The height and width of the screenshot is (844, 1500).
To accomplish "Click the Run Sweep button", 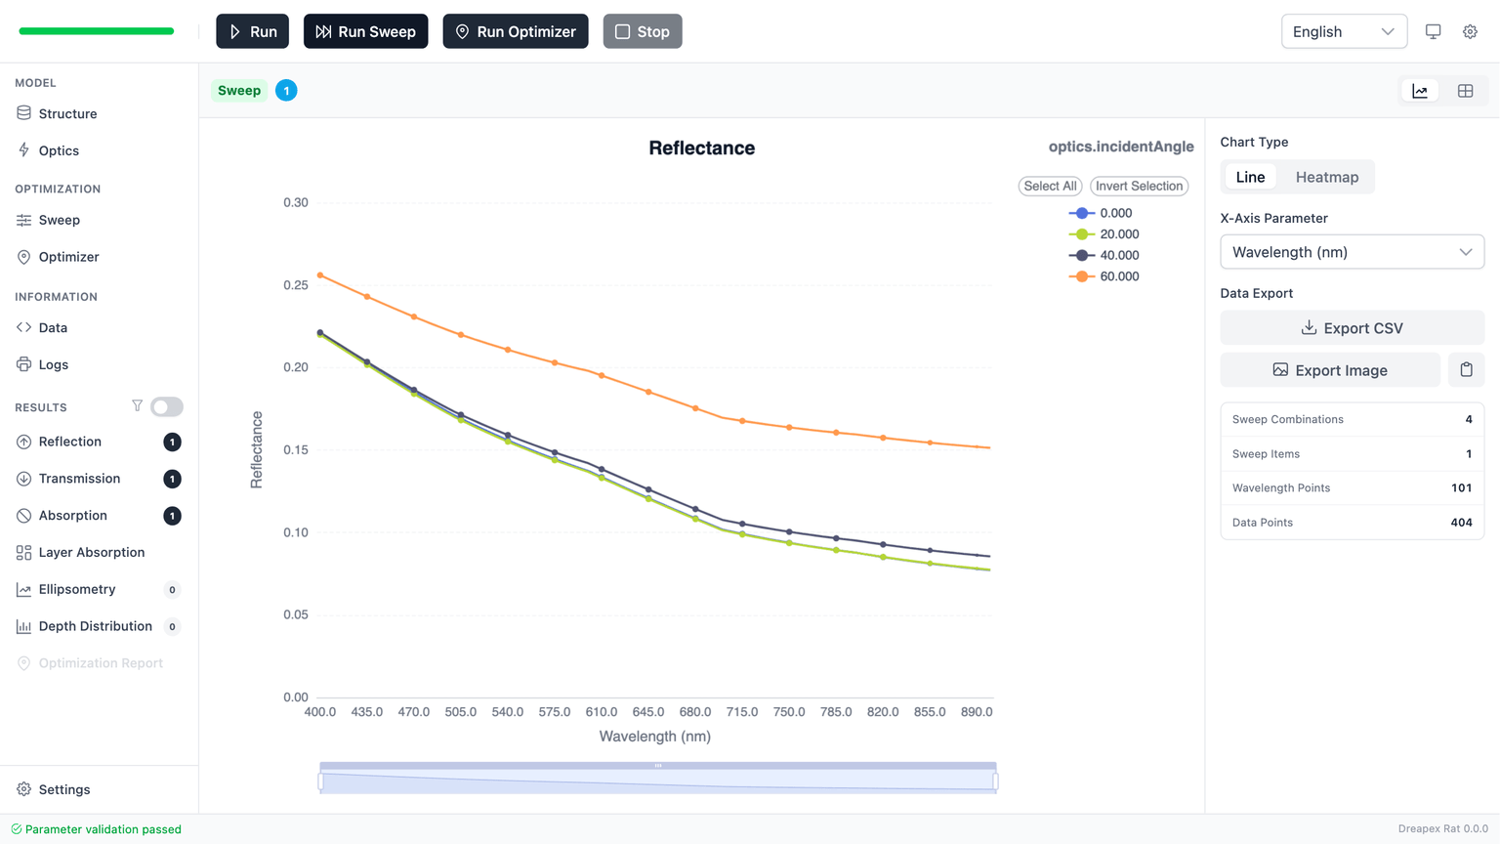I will tap(365, 31).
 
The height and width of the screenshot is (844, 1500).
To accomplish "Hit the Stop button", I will tap(642, 31).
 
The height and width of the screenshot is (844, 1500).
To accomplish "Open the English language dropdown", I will tap(1343, 31).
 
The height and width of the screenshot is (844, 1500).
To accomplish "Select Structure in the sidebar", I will tap(67, 113).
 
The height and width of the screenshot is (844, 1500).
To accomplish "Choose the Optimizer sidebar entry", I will tap(68, 257).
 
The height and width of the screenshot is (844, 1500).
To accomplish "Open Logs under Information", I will tap(53, 364).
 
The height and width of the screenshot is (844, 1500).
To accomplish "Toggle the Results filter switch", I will tap(166, 406).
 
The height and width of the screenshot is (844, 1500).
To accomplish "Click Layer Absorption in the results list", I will tap(91, 552).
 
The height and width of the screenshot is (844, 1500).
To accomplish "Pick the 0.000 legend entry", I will tap(1101, 213).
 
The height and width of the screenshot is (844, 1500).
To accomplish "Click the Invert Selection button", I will tap(1139, 186).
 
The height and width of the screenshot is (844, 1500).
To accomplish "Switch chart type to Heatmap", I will tap(1326, 177).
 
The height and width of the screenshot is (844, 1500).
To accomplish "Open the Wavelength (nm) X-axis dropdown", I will tap(1352, 252).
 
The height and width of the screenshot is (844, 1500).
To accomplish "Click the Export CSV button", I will tap(1352, 328).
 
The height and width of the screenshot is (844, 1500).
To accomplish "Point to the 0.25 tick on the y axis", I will tap(295, 285).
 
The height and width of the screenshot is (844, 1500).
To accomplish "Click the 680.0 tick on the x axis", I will tap(695, 712).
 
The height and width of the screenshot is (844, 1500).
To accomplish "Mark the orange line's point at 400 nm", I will tap(320, 275).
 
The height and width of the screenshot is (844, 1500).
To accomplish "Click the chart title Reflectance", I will tap(701, 148).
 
